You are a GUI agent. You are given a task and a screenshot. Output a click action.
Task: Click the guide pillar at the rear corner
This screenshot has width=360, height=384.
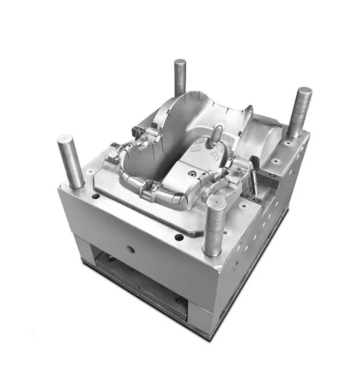(180, 77)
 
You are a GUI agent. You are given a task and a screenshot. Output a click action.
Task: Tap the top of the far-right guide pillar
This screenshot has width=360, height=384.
(304, 91)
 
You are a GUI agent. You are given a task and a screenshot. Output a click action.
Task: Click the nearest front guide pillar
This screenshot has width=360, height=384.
(215, 226)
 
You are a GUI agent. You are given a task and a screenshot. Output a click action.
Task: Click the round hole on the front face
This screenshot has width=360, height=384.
(131, 249)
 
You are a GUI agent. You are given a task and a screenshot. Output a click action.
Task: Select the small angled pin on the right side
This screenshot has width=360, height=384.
(253, 182)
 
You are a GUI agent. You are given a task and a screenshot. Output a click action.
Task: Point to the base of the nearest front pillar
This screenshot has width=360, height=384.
(212, 251)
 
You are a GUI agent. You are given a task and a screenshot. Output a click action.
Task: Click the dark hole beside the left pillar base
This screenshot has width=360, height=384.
(96, 196)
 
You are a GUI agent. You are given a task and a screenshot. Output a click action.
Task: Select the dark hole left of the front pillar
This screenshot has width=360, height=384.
(179, 237)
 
